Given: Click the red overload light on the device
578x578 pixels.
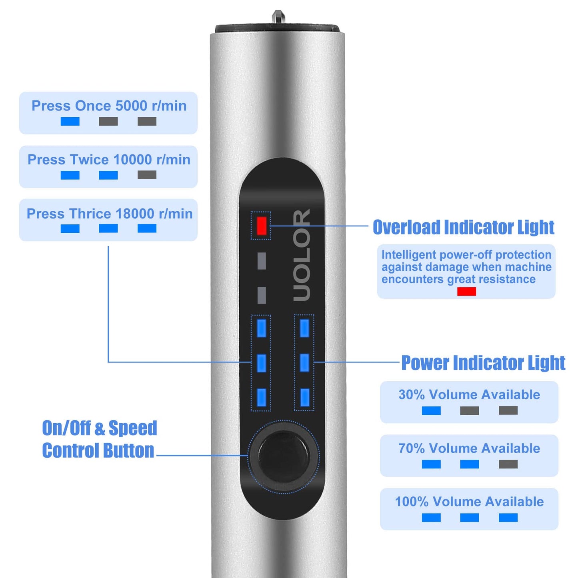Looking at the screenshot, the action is pyautogui.click(x=261, y=226).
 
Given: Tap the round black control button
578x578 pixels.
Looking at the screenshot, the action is pyautogui.click(x=284, y=457).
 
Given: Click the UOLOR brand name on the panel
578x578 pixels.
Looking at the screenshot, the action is pyautogui.click(x=302, y=255).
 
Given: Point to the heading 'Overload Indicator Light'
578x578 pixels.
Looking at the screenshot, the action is pyautogui.click(x=464, y=227).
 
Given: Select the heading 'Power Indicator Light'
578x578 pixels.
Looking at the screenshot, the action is pyautogui.click(x=483, y=363).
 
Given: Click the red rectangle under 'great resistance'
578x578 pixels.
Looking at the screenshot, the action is pyautogui.click(x=466, y=292).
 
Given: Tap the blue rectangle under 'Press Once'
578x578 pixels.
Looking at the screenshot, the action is pyautogui.click(x=70, y=121).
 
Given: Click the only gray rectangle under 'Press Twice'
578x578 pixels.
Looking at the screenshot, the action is pyautogui.click(x=147, y=175).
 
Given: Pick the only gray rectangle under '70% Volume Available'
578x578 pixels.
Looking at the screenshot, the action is pyautogui.click(x=508, y=464).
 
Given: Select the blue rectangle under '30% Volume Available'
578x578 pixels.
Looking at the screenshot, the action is pyautogui.click(x=431, y=411).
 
